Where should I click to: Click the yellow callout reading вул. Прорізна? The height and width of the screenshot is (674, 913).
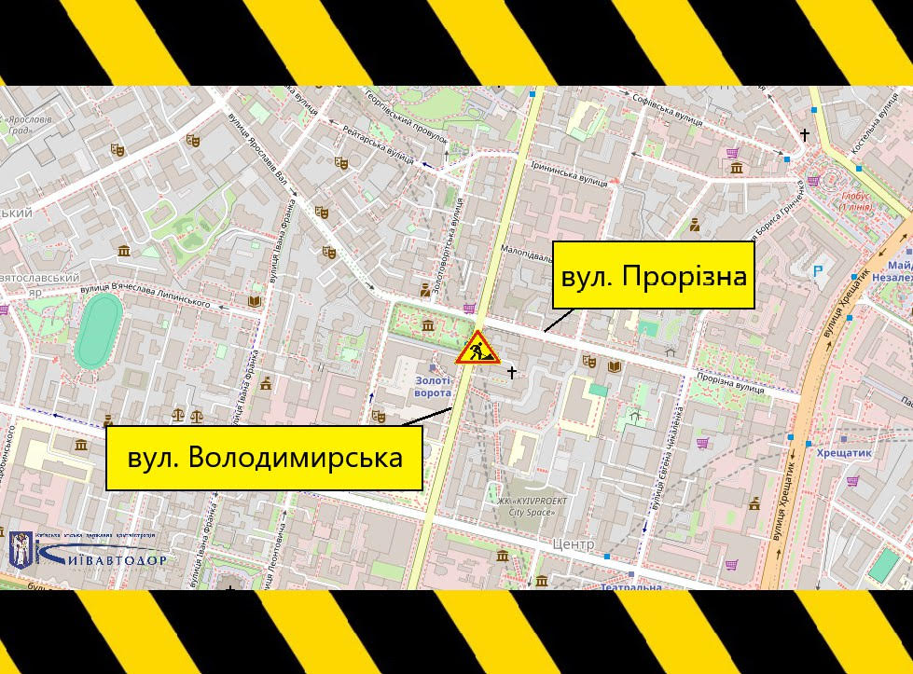tap(653, 275)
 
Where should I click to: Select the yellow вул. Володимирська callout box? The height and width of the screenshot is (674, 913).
tap(265, 458)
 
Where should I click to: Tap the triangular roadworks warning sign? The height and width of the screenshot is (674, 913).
tap(477, 348)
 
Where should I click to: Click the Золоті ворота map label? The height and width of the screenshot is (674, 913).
tap(432, 386)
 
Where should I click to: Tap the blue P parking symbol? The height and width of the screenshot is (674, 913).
tap(819, 271)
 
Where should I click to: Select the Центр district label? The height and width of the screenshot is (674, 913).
tap(573, 543)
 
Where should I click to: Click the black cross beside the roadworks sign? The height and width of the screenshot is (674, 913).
tap(511, 373)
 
